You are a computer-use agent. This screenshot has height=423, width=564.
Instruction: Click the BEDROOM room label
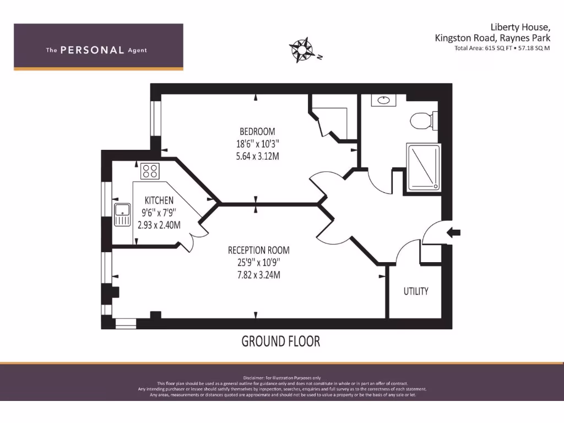(x=257, y=132)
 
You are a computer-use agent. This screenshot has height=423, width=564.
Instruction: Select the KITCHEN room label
(x=159, y=200)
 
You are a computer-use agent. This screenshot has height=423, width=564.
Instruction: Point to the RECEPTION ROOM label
(x=258, y=251)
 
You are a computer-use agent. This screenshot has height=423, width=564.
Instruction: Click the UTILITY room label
(x=415, y=291)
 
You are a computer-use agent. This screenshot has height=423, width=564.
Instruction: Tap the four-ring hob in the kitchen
(x=150, y=171)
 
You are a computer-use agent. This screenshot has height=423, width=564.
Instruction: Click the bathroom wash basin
(x=382, y=101)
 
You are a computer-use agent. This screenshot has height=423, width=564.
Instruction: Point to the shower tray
(x=423, y=167)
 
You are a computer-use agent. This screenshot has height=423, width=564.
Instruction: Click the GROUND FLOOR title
(x=281, y=341)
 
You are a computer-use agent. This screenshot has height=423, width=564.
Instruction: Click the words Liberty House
(x=520, y=27)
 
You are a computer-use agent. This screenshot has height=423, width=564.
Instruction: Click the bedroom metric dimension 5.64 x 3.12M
(x=257, y=156)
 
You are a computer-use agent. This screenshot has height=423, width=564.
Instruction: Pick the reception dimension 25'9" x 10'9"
(x=258, y=263)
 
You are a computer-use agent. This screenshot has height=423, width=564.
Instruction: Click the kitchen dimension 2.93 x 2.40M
(x=159, y=225)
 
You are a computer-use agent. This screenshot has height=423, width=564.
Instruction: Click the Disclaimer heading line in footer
(x=281, y=377)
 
